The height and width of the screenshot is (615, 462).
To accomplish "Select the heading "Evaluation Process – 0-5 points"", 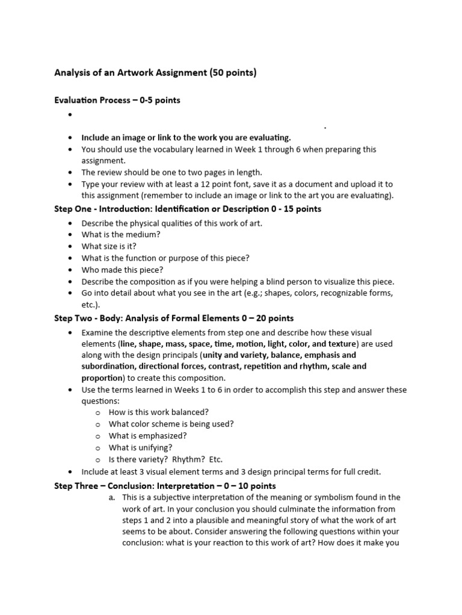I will click(x=117, y=100).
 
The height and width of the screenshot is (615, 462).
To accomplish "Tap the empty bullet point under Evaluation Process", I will click(x=70, y=115).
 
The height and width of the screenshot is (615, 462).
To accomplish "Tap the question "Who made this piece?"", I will click(x=122, y=270).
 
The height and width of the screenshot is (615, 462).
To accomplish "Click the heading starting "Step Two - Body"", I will click(x=174, y=318).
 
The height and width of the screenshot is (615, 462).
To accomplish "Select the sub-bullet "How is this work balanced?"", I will click(x=159, y=412).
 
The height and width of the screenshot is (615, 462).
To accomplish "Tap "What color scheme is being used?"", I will click(x=171, y=424).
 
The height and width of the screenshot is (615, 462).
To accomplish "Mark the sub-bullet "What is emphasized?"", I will click(x=147, y=436).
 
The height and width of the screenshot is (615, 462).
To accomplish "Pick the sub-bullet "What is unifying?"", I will click(x=140, y=447).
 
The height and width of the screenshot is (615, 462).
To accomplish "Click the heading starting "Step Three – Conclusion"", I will click(x=165, y=485).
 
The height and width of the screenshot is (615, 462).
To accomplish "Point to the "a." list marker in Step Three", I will click(x=112, y=498).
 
